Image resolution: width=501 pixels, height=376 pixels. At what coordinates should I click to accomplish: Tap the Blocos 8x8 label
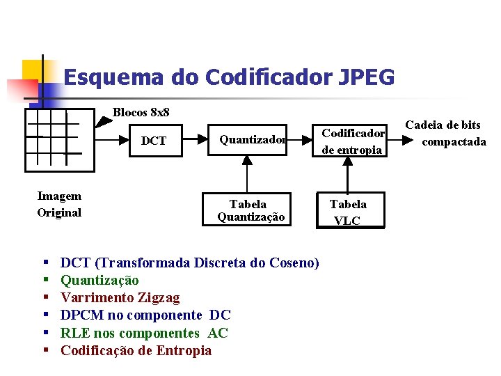click(x=141, y=112)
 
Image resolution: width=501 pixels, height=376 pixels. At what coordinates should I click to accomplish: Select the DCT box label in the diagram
click(x=154, y=141)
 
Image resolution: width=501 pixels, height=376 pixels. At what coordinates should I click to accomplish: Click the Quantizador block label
click(x=253, y=140)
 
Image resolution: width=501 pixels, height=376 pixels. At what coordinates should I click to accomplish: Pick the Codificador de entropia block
click(x=352, y=141)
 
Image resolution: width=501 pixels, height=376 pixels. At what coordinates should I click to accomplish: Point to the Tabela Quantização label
click(x=250, y=210)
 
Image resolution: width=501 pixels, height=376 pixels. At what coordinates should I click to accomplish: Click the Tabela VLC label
click(x=348, y=212)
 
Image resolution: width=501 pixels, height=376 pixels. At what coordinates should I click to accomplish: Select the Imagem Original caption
click(x=59, y=205)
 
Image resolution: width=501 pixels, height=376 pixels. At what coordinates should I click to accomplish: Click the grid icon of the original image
click(x=60, y=140)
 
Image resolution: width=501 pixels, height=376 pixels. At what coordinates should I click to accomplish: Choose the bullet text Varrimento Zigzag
click(x=120, y=298)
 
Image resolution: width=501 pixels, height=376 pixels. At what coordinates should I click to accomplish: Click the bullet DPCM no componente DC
click(x=145, y=315)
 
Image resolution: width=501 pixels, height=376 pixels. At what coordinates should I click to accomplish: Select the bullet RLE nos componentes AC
click(x=144, y=333)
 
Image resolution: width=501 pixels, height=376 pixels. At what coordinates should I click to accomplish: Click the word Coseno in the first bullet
click(x=288, y=263)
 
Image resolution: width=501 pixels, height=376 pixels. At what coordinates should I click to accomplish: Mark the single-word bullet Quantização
click(x=100, y=281)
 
